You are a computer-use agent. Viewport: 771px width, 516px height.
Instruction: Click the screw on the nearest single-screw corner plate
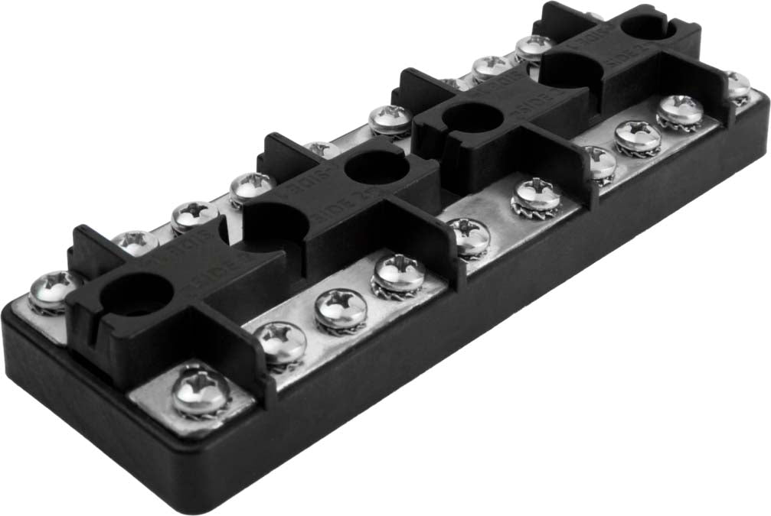pos(201,391)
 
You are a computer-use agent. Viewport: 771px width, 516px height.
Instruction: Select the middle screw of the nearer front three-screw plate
pos(340,308)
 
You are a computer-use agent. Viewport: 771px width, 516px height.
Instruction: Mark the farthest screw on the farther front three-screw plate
pos(680,110)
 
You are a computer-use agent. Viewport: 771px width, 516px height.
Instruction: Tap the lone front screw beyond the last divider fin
pos(737,85)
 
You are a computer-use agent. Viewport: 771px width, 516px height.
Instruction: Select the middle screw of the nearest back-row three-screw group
pos(193,216)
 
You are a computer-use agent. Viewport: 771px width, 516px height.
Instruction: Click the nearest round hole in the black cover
pos(136,294)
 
